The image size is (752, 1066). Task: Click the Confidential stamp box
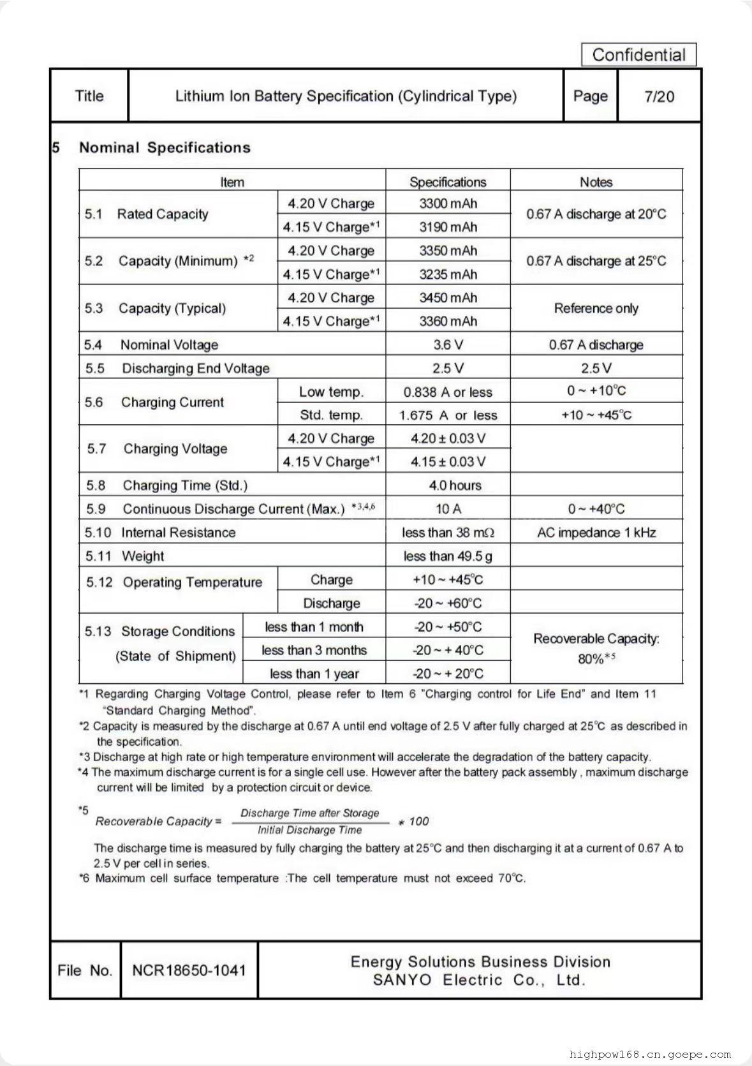tap(638, 55)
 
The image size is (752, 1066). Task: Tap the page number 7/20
tap(659, 96)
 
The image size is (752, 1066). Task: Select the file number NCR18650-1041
tap(189, 970)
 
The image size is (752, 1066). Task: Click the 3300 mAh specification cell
tap(448, 204)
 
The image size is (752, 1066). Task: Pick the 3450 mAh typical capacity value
tap(448, 298)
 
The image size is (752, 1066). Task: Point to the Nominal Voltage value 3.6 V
tap(448, 345)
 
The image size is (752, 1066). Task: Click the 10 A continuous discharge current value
tap(448, 509)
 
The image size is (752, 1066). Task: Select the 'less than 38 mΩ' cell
tap(448, 533)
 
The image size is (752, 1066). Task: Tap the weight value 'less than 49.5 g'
tap(448, 556)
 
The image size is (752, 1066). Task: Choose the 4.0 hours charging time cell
tap(455, 485)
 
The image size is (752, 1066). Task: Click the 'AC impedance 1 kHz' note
tap(596, 533)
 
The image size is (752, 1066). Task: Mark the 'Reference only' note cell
tap(596, 309)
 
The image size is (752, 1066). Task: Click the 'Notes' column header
tap(596, 182)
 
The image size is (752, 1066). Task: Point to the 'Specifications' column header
tap(448, 182)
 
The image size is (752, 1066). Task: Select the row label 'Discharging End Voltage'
tap(195, 369)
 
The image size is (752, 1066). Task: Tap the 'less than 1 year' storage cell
tap(314, 674)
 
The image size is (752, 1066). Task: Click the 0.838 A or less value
tap(448, 392)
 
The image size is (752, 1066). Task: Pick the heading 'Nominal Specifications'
tap(165, 148)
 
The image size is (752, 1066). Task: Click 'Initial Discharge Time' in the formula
tap(309, 830)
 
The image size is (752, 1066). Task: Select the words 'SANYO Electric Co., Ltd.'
tap(480, 980)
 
